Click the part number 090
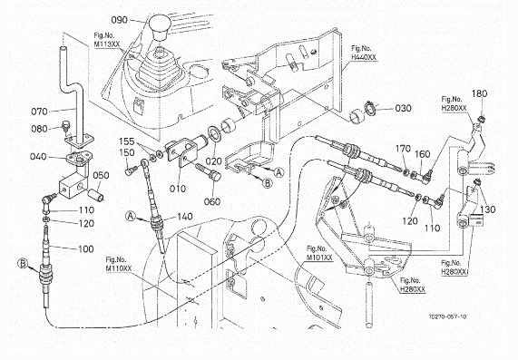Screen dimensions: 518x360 [119, 20]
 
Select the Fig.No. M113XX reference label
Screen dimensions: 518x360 [107, 40]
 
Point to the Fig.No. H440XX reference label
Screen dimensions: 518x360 [364, 53]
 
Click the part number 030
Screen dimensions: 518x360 [403, 108]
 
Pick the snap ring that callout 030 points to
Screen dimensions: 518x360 [369, 109]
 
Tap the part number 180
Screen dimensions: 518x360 [479, 93]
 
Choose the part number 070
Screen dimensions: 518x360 [39, 112]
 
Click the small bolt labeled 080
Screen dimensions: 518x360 [66, 127]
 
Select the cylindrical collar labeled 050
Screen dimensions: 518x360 [95, 194]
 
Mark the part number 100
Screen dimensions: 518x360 [86, 248]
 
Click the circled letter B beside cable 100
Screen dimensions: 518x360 [23, 264]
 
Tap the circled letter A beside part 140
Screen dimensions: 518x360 [131, 217]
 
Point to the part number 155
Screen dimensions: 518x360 [127, 141]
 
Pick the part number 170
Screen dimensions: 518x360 [403, 149]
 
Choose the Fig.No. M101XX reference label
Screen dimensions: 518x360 [319, 253]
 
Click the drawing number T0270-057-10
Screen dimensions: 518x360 [447, 316]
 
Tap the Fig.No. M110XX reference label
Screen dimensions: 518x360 [119, 264]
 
